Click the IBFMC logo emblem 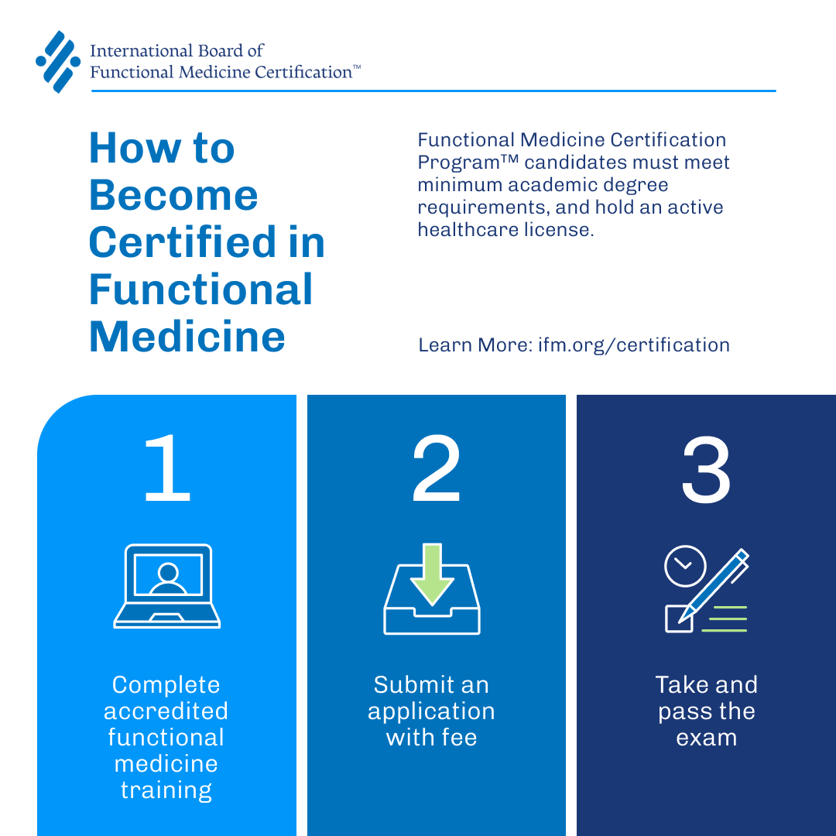58,62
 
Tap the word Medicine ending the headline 187,336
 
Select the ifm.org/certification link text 634,344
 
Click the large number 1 166,470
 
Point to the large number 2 436,470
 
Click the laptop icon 167,586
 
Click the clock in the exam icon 685,567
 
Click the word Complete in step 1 166,685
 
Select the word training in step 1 166,790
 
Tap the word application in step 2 431,711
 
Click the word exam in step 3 706,738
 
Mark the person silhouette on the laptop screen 167,577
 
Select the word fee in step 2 458,738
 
